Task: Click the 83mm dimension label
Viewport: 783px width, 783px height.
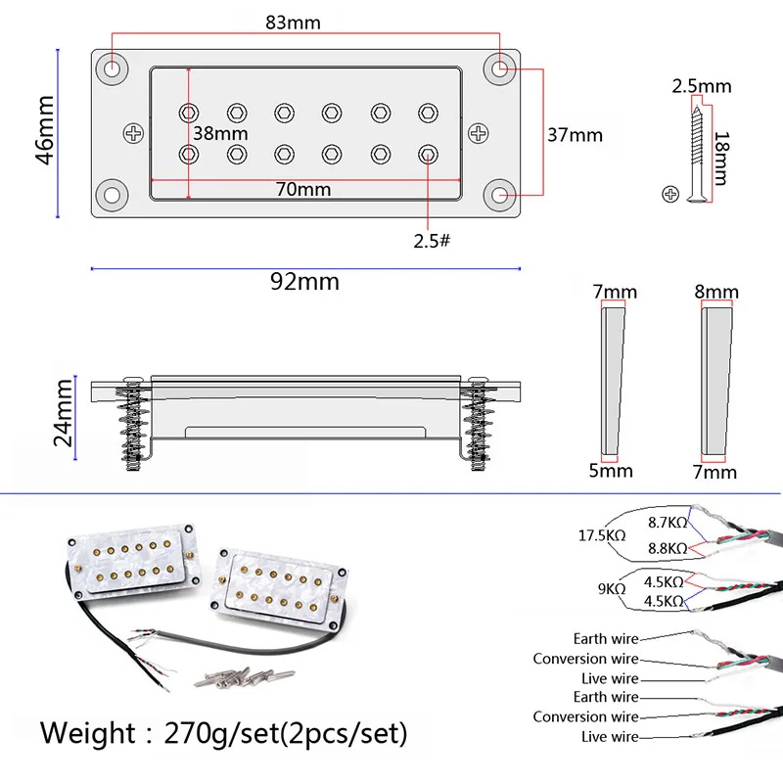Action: coord(293,23)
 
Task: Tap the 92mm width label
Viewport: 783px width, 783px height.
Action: coord(304,282)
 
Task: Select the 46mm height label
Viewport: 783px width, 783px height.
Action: coord(45,130)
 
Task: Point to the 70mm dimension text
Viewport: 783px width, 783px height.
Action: coord(303,189)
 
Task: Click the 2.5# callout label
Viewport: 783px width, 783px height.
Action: coord(432,241)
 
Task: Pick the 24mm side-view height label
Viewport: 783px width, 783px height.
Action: coord(64,413)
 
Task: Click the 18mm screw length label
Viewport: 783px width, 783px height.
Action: coord(721,159)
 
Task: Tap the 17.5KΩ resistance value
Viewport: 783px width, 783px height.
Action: coord(602,535)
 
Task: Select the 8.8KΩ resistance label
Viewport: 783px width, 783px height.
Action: coord(668,548)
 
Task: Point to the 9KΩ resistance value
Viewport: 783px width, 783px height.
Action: coord(612,589)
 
